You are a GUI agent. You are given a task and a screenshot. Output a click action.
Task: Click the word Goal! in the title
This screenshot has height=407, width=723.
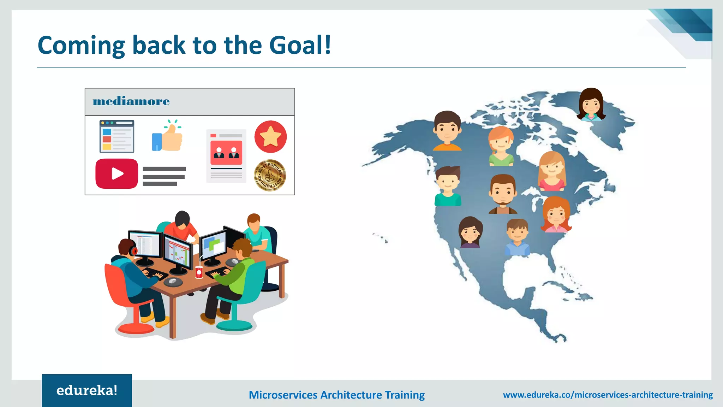(300, 45)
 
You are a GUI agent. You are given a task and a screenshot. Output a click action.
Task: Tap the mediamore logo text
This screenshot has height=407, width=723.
(131, 101)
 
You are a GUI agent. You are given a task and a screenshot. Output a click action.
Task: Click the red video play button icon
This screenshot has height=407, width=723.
(116, 173)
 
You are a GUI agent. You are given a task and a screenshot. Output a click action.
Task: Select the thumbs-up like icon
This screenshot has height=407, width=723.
(168, 137)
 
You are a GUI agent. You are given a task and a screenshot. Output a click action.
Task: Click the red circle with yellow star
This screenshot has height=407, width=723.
(270, 137)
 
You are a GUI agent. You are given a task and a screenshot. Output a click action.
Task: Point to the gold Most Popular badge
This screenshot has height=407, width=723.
(270, 175)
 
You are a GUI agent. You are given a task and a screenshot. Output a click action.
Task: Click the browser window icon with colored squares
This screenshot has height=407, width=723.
(117, 136)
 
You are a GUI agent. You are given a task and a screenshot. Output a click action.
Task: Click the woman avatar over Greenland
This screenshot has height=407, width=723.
(591, 104)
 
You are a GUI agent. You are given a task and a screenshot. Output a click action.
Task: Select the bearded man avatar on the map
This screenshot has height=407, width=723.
(503, 194)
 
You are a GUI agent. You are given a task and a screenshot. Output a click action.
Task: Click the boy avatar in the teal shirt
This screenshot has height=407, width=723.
(448, 186)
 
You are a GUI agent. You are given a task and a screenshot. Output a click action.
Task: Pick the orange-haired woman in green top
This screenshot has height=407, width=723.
(501, 146)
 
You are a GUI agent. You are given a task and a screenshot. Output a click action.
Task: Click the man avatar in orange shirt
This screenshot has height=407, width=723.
(447, 131)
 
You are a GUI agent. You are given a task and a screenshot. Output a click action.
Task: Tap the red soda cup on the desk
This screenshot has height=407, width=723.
(199, 272)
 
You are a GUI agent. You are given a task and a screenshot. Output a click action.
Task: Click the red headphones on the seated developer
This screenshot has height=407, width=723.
(134, 251)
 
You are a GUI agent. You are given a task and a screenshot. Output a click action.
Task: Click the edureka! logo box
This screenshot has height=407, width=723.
(87, 390)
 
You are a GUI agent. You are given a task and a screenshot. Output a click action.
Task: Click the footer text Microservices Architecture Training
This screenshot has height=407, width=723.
(336, 395)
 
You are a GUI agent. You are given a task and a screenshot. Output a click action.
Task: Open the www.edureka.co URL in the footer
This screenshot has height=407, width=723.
(608, 395)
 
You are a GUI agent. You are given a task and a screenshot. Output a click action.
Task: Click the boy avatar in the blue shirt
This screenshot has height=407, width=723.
(517, 237)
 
